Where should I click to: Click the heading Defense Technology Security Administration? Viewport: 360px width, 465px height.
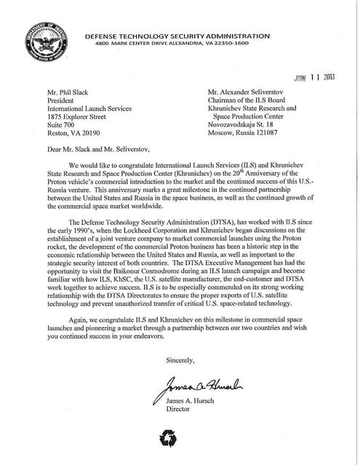(x=177, y=36)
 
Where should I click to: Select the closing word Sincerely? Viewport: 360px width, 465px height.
(x=180, y=360)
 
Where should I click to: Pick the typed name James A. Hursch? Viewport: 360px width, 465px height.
(x=193, y=402)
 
